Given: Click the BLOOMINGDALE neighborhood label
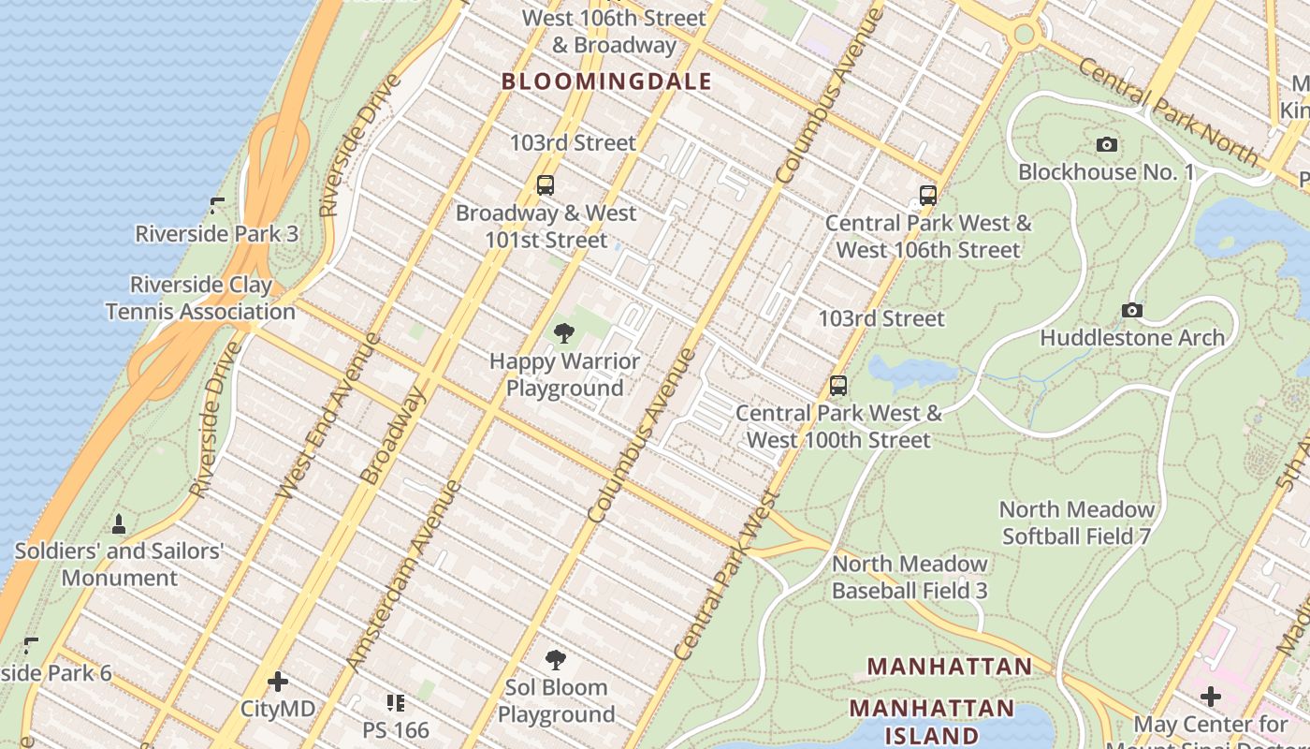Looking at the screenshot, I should point(606,81).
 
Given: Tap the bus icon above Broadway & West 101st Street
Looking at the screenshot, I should point(546,185).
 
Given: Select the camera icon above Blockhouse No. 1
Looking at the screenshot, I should point(1107,144).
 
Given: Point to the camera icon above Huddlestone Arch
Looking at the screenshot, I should point(1132,310).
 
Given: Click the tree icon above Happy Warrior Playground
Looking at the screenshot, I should point(563,333).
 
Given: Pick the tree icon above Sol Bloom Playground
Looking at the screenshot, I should point(556,659).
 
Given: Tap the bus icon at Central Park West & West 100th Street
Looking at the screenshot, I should point(838,386).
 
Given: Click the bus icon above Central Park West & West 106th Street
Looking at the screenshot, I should point(928,196).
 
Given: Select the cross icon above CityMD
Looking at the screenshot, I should point(278,681).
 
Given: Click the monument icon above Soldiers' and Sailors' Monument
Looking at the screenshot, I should point(119,523).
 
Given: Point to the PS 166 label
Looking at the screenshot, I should point(396,729).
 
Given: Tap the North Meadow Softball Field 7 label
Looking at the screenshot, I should point(1076,522).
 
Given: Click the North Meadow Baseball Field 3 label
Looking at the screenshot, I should point(910,577).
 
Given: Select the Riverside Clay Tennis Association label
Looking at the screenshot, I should point(200,298).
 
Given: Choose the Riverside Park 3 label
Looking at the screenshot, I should point(217,233).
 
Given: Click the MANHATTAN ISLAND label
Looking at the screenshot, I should point(931,721).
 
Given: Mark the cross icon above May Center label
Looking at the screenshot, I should point(1211,697).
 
